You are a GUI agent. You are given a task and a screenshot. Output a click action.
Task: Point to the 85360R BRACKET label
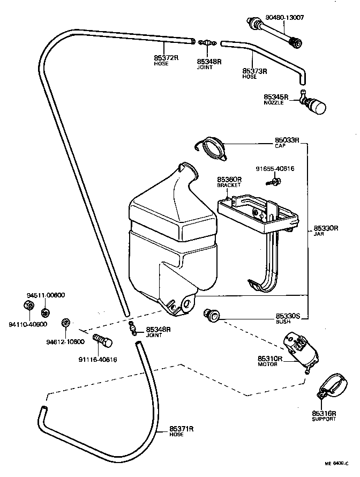click(229, 181)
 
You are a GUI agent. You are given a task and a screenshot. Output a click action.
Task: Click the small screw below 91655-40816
click(272, 183)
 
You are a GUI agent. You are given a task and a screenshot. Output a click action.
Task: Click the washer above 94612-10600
click(66, 323)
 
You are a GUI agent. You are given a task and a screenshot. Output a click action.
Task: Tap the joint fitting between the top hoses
click(207, 42)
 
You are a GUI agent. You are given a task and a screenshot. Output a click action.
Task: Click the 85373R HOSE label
click(255, 72)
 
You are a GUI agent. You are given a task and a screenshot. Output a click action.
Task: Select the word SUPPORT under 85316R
click(324, 419)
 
